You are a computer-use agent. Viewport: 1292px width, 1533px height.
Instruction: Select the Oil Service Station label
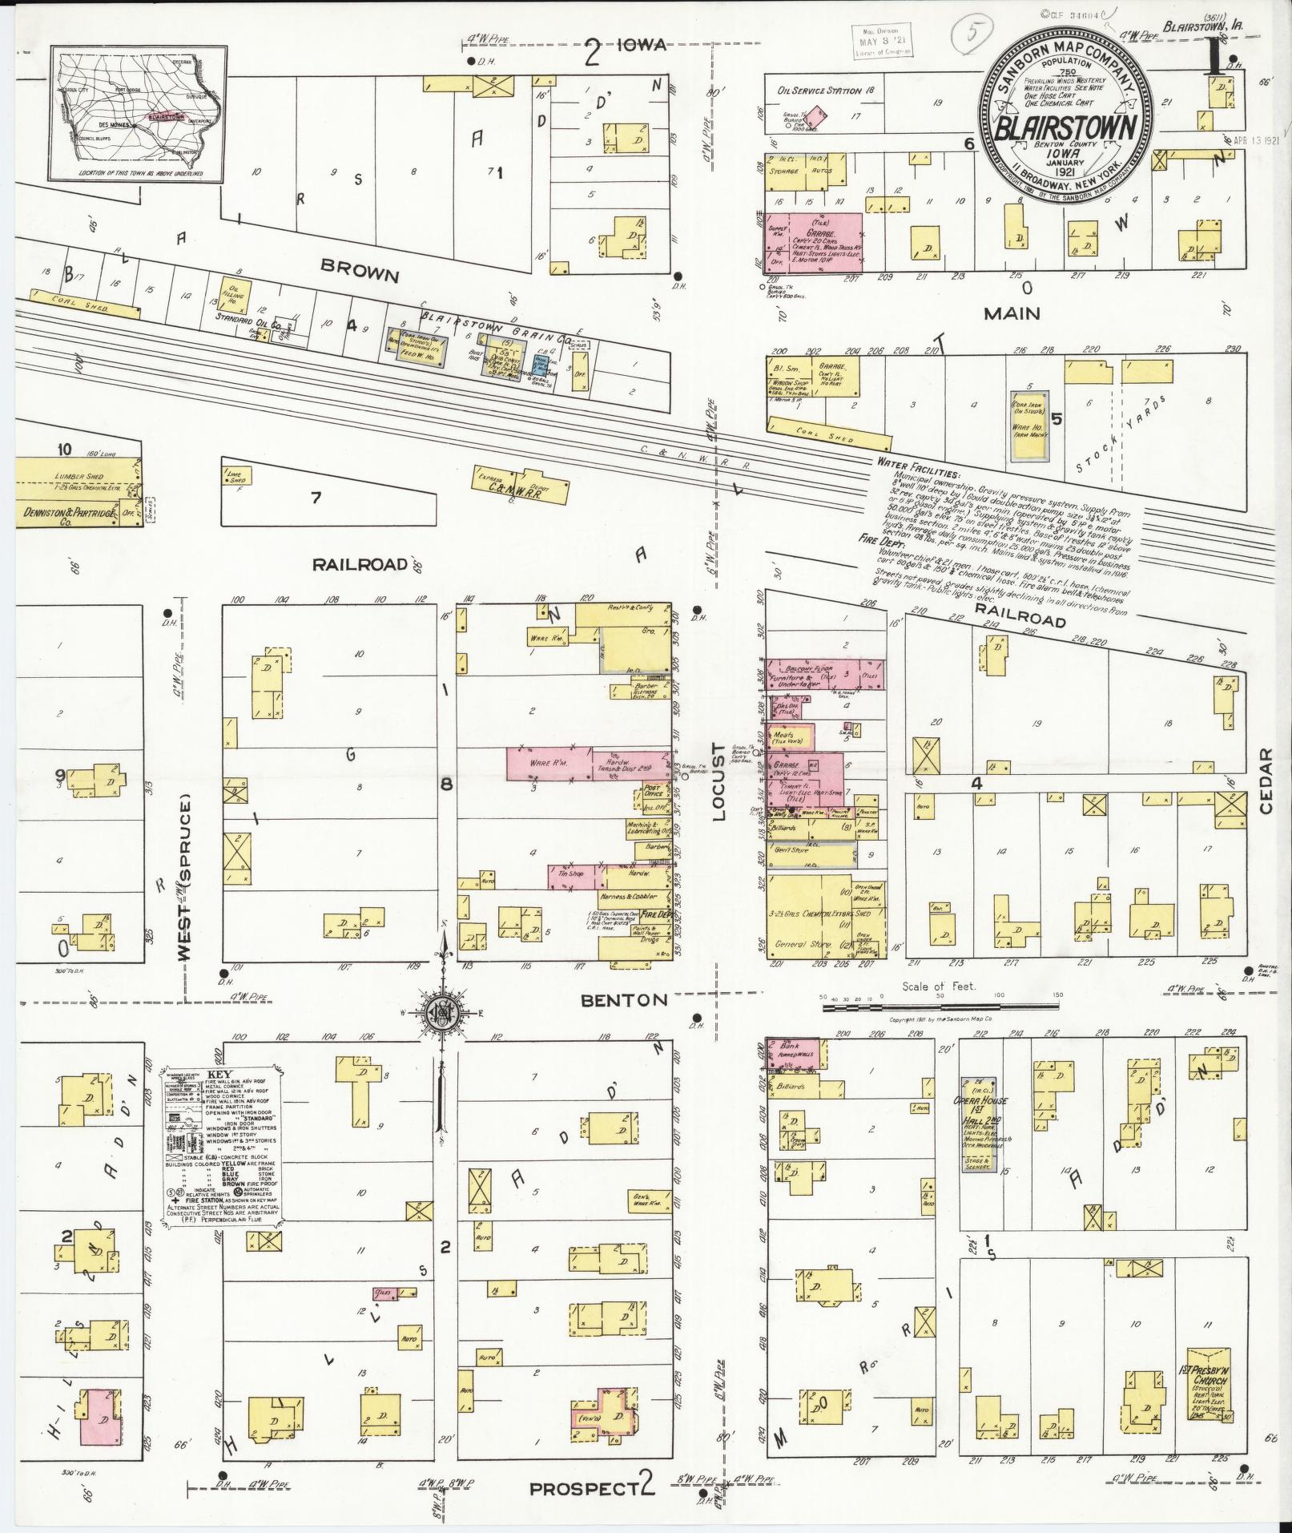819,91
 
